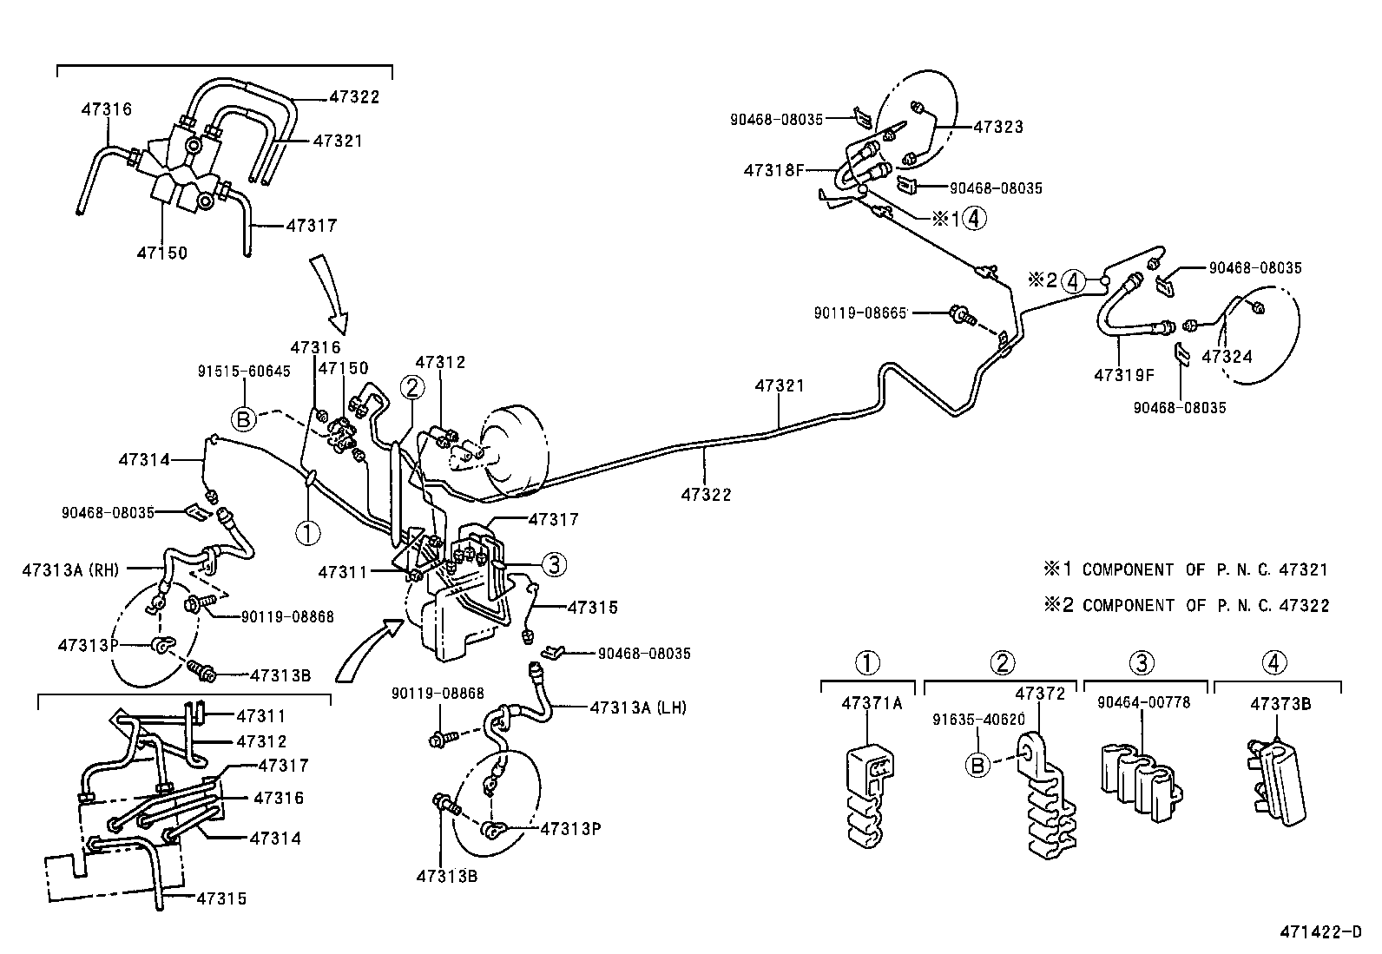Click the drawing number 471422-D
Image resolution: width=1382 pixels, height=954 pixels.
[1320, 933]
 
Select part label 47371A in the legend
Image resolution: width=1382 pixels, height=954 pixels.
[872, 703]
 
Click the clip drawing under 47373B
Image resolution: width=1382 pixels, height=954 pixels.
[1279, 777]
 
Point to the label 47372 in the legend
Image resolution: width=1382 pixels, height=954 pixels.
[1040, 694]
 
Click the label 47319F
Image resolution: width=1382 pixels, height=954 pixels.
[1124, 375]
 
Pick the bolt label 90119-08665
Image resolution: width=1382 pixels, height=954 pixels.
[860, 312]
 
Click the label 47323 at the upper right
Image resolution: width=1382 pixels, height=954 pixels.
[998, 127]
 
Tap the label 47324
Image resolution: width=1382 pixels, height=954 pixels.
[1227, 356]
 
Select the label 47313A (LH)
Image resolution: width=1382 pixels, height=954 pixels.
[637, 707]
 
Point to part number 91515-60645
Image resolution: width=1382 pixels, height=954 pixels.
[246, 371]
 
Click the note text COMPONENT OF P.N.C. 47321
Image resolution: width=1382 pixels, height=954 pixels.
[1205, 569]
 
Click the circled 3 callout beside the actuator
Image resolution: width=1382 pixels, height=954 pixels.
[554, 565]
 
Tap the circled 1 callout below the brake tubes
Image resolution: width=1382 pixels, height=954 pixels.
[308, 531]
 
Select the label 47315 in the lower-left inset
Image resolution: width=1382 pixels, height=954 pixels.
[221, 898]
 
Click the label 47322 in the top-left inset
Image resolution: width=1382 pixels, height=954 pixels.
[354, 97]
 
